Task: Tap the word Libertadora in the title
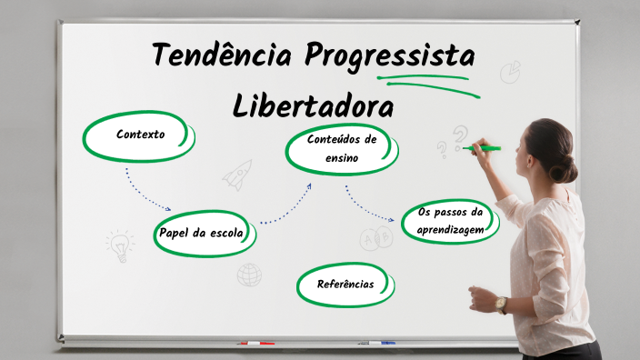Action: pos(314,105)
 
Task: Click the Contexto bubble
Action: pos(140,135)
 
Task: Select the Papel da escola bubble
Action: pos(202,234)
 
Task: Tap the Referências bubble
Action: pos(345,285)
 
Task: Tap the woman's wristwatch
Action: pos(501,304)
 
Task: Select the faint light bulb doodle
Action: pos(119,245)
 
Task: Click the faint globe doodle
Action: pos(249,274)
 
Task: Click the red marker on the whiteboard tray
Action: pos(255,344)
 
